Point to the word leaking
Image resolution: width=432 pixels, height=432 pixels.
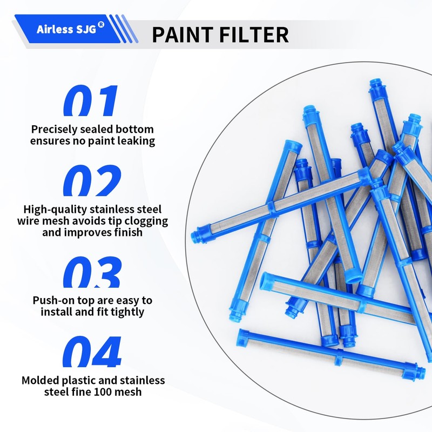coord(135,141)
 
